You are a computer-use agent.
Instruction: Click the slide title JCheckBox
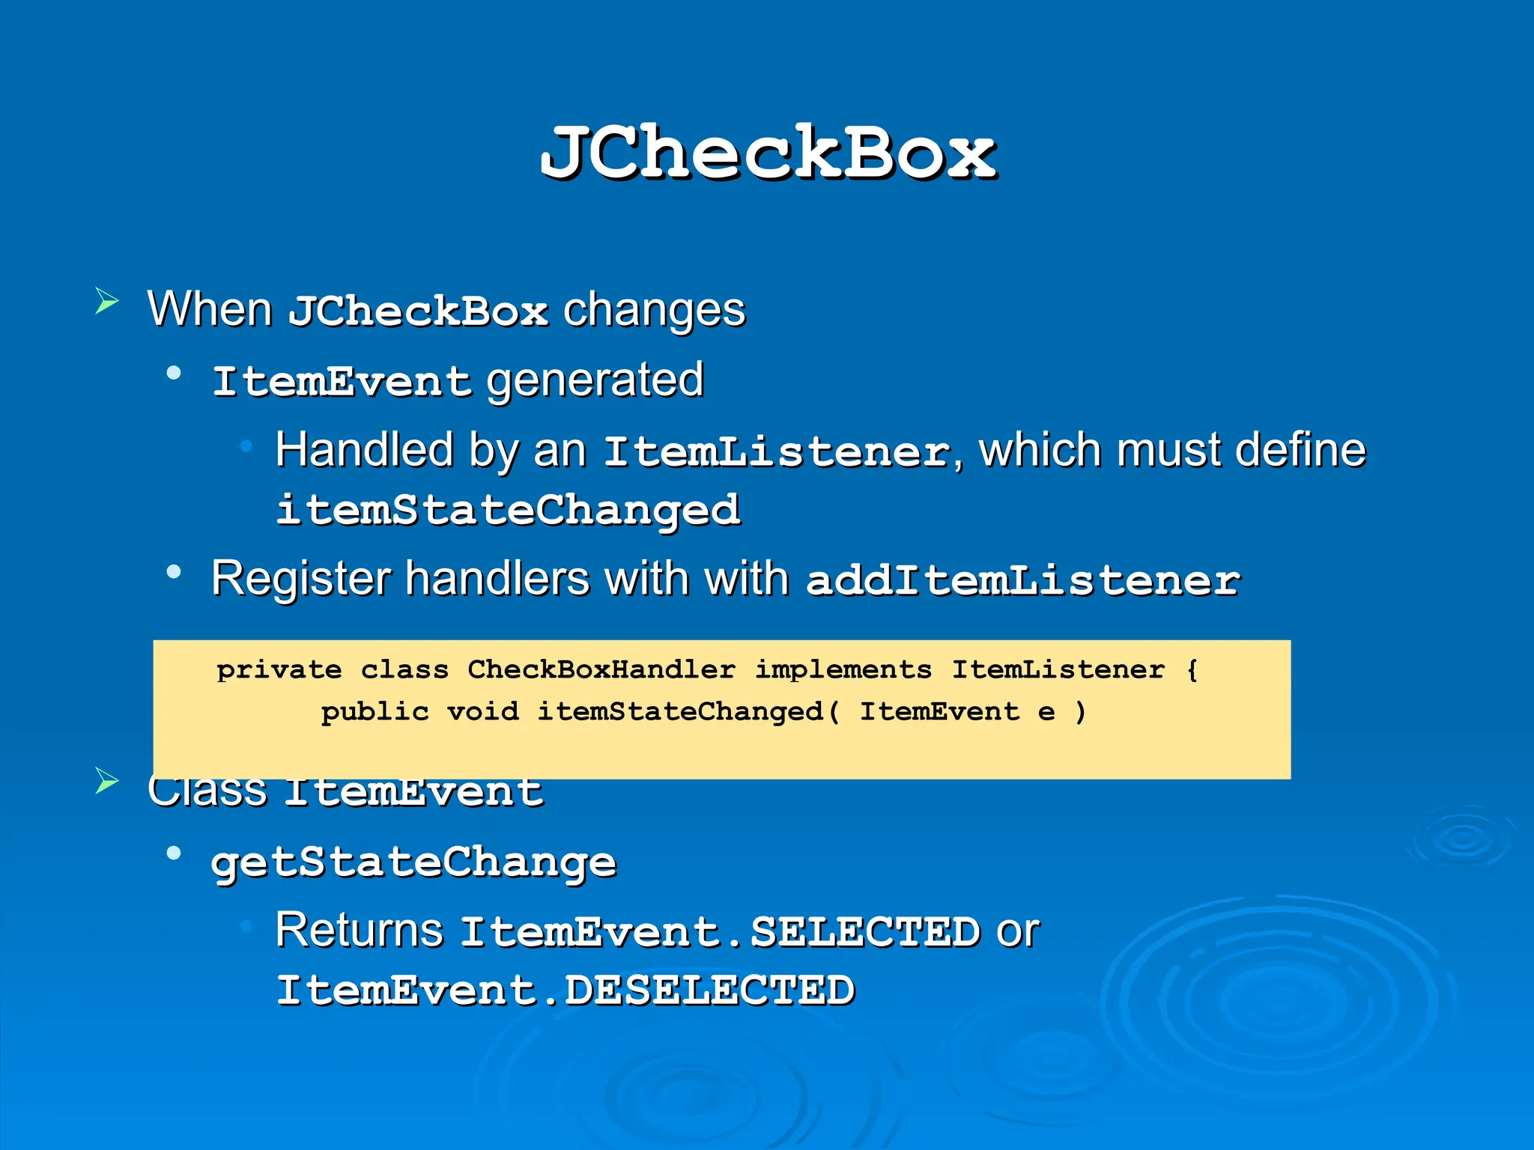pos(768,153)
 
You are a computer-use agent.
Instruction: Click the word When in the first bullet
pos(210,308)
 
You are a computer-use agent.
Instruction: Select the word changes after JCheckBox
pos(654,310)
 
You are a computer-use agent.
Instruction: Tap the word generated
pos(595,380)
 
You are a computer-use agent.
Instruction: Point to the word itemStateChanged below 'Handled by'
pos(508,511)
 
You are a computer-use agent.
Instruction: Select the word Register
pos(301,579)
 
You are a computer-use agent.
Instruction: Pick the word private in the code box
pos(279,669)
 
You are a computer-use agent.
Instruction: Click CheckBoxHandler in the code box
pos(601,669)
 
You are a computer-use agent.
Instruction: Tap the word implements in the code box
pos(843,669)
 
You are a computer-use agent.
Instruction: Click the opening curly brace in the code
pos(1192,669)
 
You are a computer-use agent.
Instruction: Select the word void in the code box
pos(482,711)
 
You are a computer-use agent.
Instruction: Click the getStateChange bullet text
pos(413,862)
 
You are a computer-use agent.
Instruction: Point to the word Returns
pos(360,931)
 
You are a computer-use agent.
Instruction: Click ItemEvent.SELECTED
pos(720,933)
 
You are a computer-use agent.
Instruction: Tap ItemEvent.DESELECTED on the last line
pos(566,991)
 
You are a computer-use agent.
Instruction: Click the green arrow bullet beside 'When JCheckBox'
pos(107,302)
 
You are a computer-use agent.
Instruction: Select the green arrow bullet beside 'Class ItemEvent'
pos(107,781)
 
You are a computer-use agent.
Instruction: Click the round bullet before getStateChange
pos(174,853)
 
